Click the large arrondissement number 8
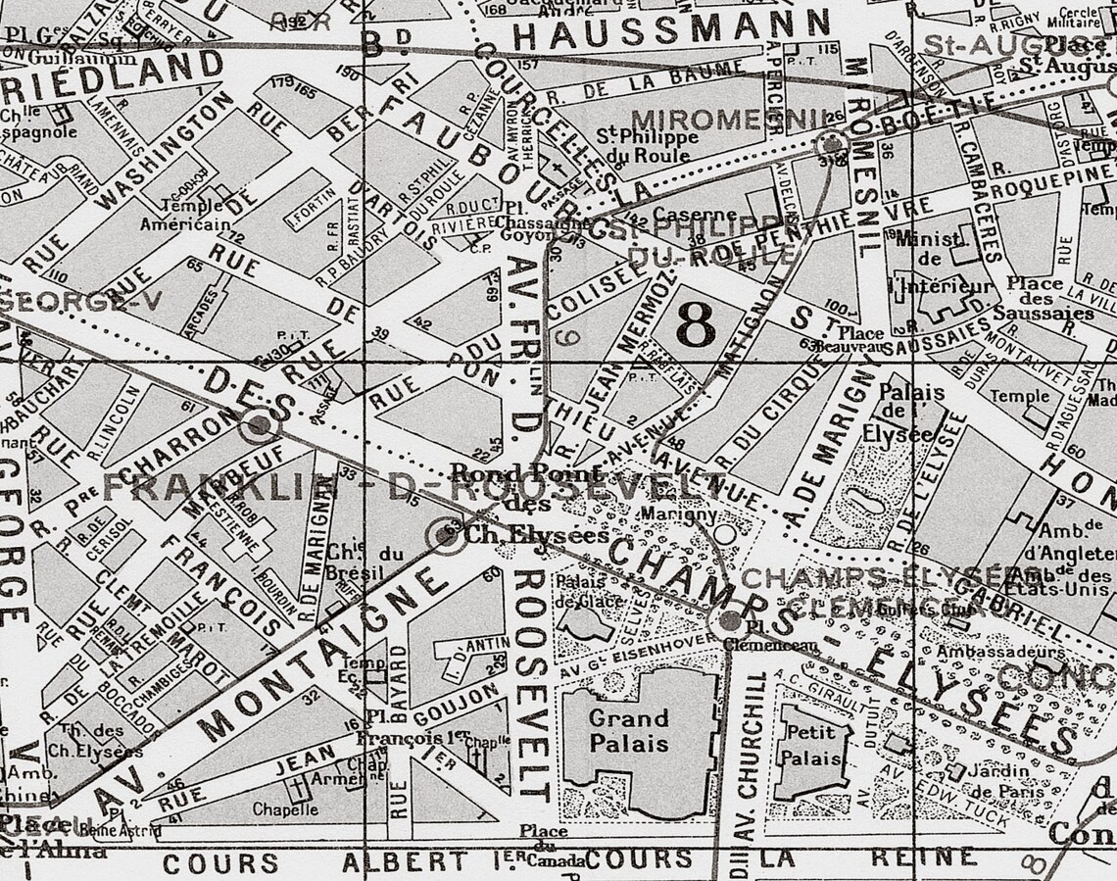pos(696,327)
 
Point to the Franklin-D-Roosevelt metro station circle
pos(447,535)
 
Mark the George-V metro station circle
pos(259,424)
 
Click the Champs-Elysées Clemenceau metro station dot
pos(730,620)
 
